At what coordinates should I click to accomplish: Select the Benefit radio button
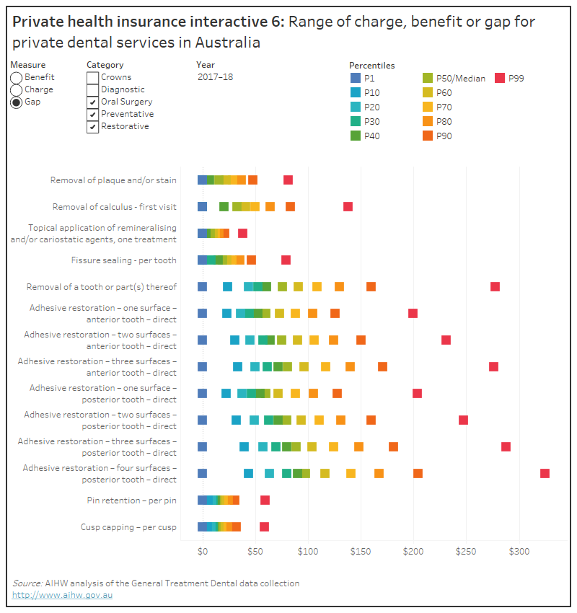coord(16,77)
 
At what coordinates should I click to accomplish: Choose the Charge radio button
coord(16,89)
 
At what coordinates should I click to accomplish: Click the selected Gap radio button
coord(16,102)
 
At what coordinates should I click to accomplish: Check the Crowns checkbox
coord(92,77)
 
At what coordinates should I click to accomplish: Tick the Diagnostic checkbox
coord(92,89)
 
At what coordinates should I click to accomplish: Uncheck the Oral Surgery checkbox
coord(92,102)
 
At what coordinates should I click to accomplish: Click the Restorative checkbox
coord(92,127)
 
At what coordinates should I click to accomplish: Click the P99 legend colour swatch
coord(498,78)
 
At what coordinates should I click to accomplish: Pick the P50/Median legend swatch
coord(428,78)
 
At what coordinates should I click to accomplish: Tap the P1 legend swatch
coord(355,78)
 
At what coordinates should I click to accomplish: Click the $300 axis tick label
coord(519,551)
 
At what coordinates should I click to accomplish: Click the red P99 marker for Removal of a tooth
coord(495,286)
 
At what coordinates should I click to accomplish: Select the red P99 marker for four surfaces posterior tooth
coord(545,473)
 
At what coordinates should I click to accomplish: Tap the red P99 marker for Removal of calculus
coord(348,207)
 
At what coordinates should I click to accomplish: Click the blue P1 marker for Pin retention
coord(202,500)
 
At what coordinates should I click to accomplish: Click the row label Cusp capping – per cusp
coord(128,527)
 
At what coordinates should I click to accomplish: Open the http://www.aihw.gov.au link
coord(62,595)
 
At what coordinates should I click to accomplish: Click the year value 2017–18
coord(214,77)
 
